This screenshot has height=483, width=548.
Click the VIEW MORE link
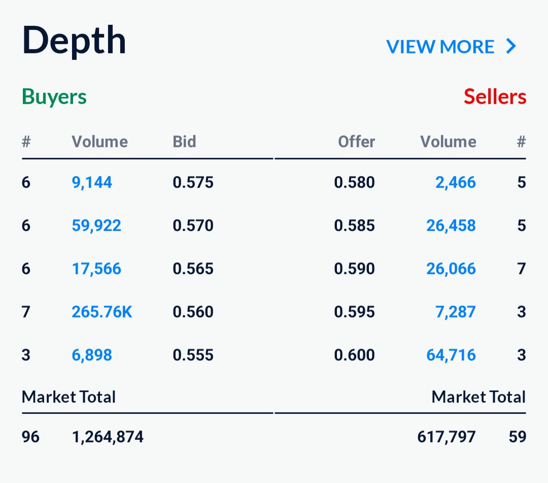pos(440,47)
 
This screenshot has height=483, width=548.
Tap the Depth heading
pos(74,41)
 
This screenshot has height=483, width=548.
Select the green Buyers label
pos(54,96)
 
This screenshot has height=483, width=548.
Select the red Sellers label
pos(495,96)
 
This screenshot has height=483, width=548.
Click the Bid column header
pos(184,142)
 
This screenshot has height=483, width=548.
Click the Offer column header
pos(356,142)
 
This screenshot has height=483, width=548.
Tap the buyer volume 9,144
pos(92,182)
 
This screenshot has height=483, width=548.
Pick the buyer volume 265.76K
pos(101,311)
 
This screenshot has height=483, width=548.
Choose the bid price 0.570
pos(193,226)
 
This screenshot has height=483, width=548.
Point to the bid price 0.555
pos(193,355)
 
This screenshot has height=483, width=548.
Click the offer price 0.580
pos(354,182)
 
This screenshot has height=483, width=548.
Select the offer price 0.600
pos(354,355)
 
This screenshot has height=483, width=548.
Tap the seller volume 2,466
pos(456,182)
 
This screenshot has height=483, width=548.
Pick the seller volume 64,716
pos(451,355)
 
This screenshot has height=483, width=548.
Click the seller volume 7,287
pos(456,311)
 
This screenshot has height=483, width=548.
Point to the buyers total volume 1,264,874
pos(108,436)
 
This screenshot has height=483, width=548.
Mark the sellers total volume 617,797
pos(447,436)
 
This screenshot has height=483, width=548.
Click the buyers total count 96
pos(30,436)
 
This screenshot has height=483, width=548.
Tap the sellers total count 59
pos(517,436)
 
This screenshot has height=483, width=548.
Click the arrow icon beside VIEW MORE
pos(511,47)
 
